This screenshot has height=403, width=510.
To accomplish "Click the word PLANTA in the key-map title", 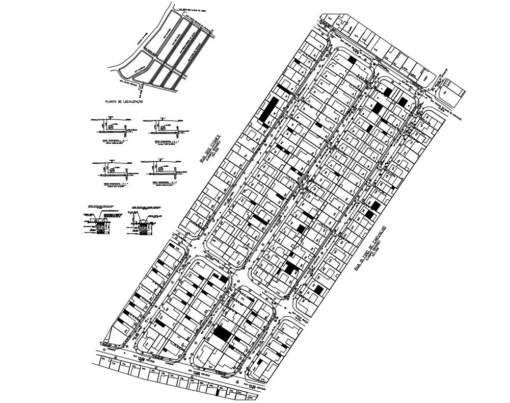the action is pyautogui.click(x=111, y=102).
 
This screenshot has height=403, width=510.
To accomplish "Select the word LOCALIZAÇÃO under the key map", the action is pyautogui.click(x=131, y=102).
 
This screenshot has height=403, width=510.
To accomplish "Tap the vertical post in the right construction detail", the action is pyautogui.click(x=136, y=220).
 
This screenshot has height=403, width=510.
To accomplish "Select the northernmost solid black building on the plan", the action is pyautogui.click(x=352, y=60).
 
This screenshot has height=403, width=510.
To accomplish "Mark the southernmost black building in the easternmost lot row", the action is pyautogui.click(x=318, y=289).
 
